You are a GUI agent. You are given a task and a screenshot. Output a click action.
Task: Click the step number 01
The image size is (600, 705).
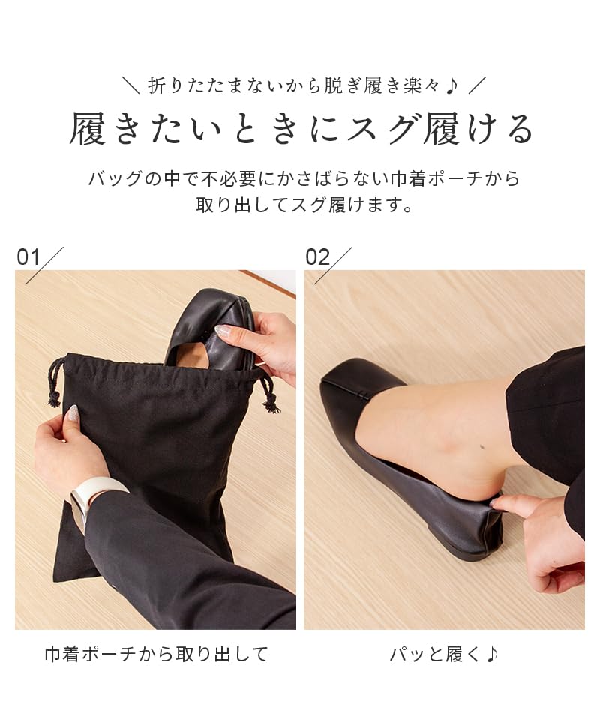28,257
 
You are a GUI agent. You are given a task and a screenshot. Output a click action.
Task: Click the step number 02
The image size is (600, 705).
317,257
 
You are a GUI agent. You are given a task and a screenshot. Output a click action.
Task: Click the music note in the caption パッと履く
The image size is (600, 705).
492,654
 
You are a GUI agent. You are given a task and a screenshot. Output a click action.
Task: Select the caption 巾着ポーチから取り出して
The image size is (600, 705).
156,654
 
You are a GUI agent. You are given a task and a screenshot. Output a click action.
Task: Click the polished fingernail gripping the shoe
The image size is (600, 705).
223,330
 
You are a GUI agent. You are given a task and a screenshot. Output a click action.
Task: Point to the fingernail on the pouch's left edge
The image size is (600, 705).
73,412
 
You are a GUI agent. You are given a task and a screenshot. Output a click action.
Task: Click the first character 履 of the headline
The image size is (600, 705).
88,129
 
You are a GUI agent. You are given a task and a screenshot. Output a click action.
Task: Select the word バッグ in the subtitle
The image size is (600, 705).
114,179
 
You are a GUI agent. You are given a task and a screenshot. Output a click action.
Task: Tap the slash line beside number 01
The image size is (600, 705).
45,265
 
